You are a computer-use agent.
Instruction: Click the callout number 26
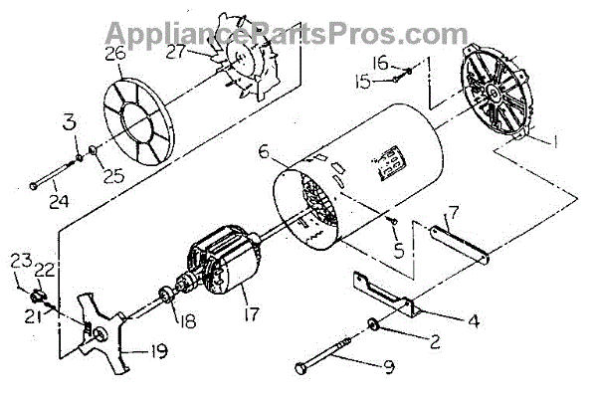[114, 55]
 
